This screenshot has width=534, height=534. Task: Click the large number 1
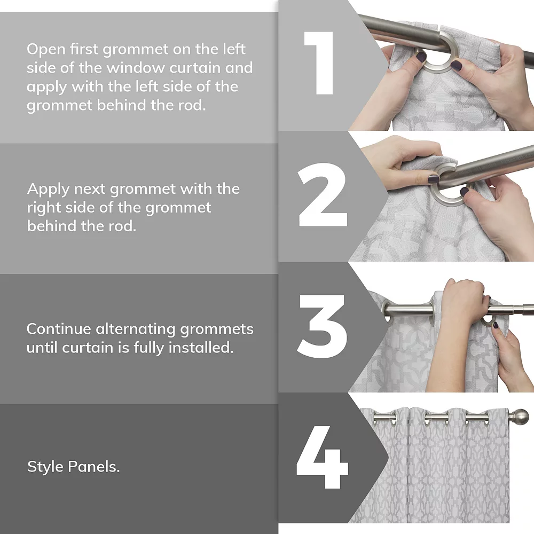pos(320,63)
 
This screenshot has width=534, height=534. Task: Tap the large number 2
pos(322,194)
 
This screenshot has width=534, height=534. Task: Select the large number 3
pos(321,326)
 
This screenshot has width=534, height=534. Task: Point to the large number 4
pos(322,457)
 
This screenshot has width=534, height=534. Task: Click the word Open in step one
pos(46,50)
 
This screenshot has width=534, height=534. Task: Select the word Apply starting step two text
pos(48,190)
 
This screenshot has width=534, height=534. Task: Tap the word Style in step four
pos(45,467)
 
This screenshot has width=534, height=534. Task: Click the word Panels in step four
pos(93,467)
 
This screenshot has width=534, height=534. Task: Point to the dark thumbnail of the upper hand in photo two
pos(434,179)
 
